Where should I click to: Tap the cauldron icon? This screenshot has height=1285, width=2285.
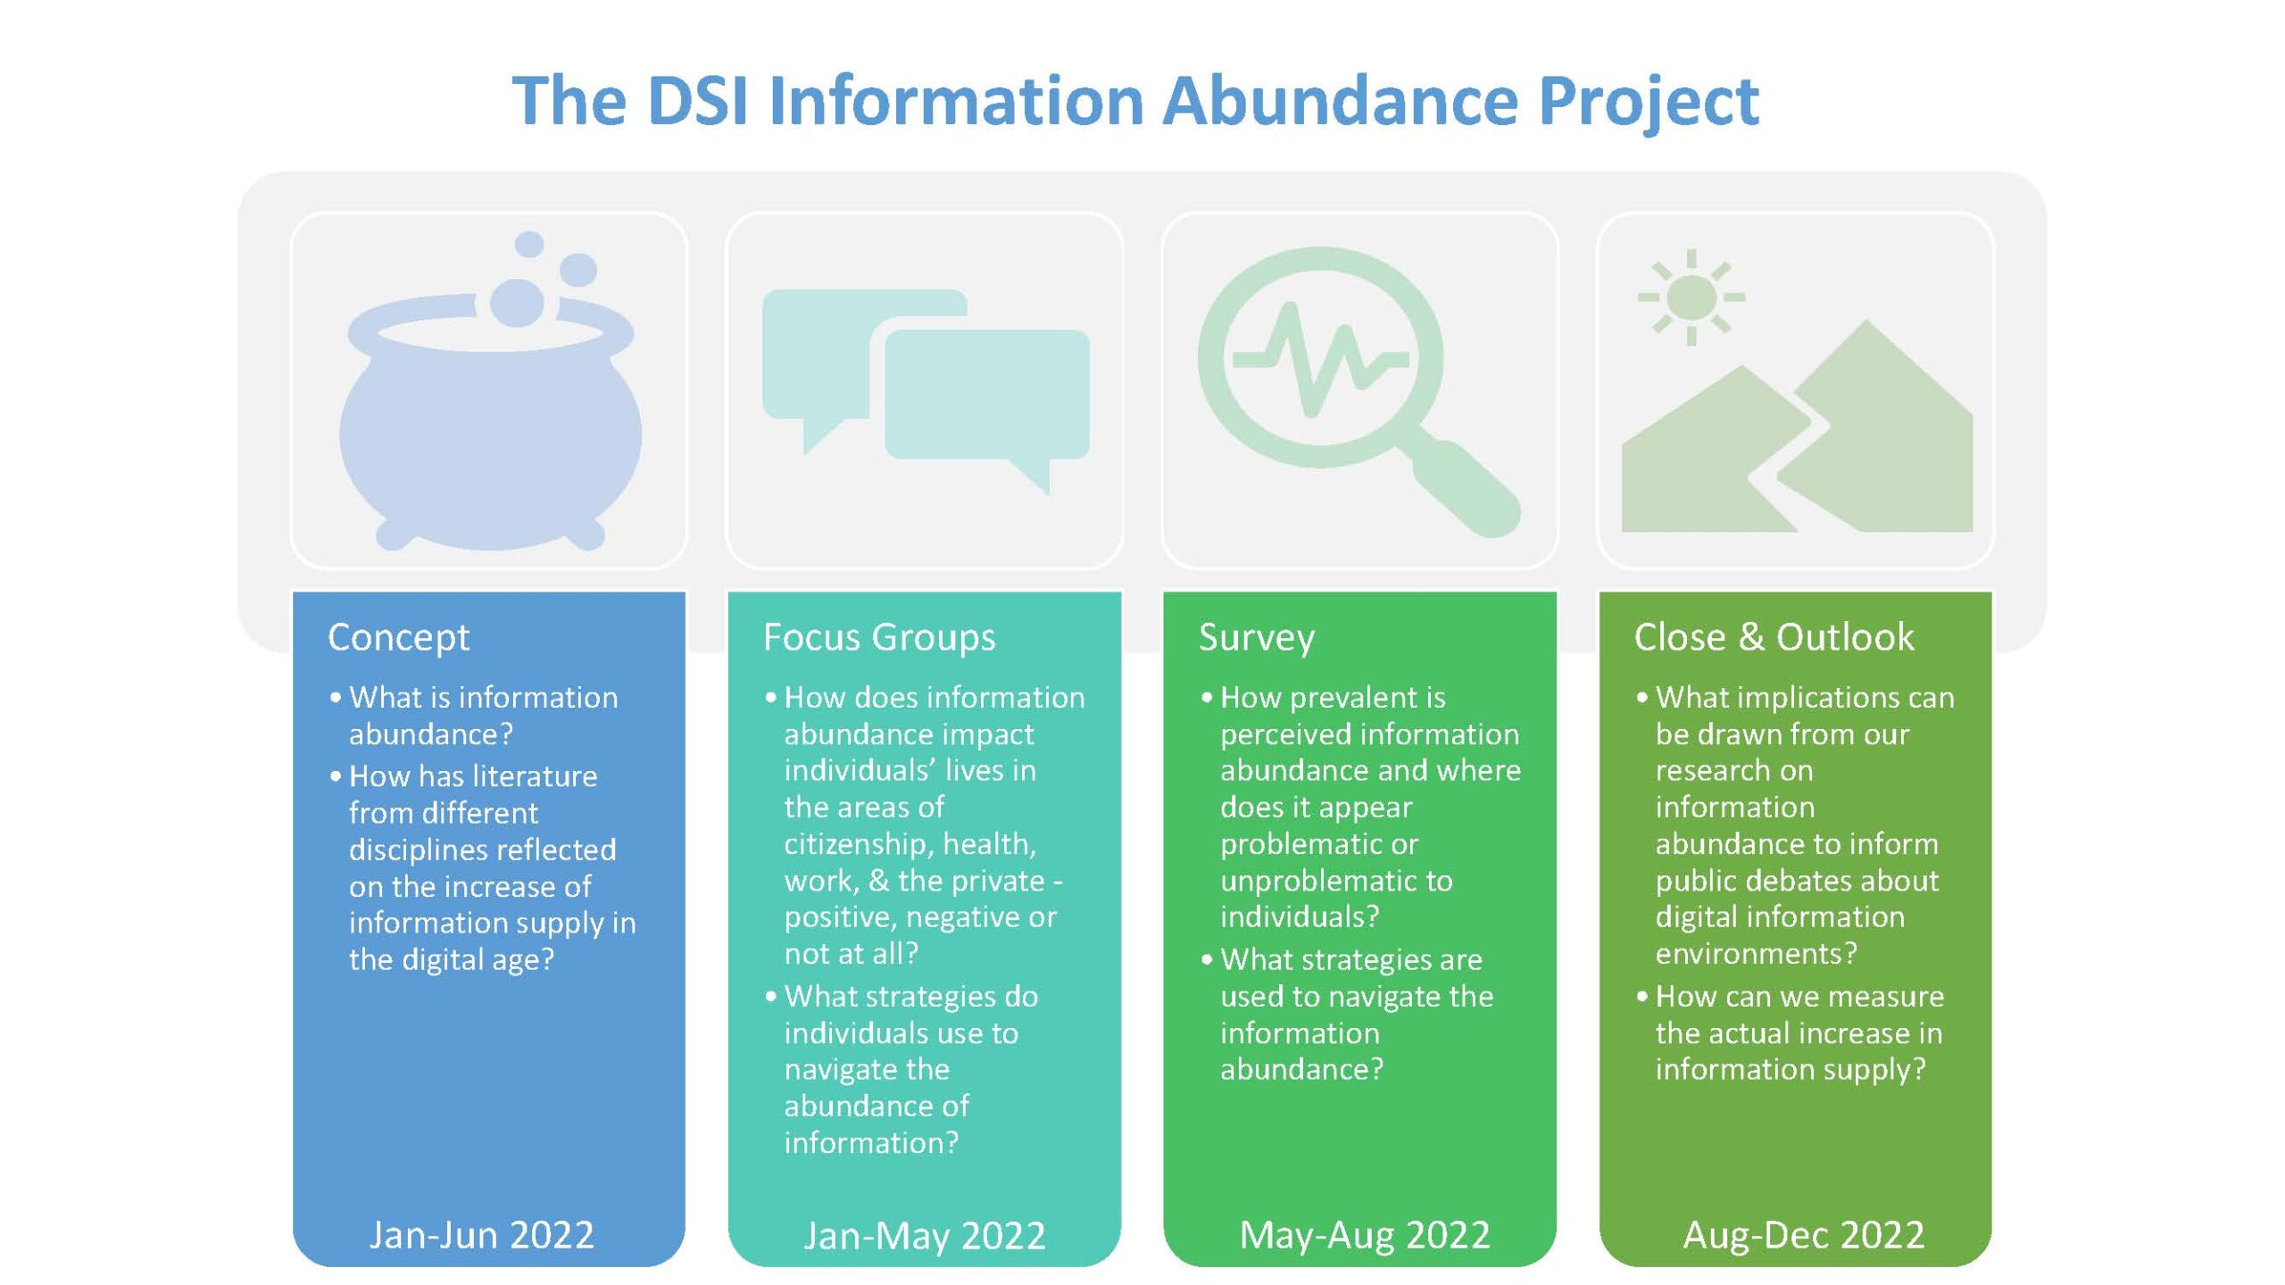490,419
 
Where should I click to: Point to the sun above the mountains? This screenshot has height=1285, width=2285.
1691,297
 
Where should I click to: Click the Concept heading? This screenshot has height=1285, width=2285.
398,638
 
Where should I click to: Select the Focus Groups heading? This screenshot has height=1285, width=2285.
879,638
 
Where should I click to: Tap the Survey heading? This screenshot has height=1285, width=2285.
1257,638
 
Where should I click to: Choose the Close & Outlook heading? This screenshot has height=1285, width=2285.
1774,637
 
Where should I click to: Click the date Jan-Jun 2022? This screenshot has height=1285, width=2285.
482,1235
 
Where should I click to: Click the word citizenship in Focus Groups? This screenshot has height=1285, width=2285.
859,844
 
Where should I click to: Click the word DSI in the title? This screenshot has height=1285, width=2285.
697,100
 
